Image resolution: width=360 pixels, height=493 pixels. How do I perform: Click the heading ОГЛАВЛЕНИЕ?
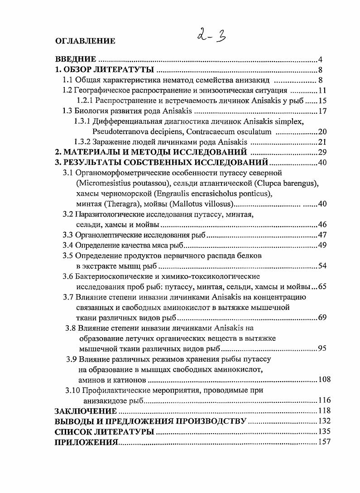pos(85,41)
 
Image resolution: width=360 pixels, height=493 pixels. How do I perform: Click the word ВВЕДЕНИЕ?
pos(75,60)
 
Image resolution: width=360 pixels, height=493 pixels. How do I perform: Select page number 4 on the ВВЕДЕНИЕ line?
pos(320,60)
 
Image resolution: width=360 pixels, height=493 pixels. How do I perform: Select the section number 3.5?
pos(68,256)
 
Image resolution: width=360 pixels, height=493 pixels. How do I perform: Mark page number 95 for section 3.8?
pos(322,348)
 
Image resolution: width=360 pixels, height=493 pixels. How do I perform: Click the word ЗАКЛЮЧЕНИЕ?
pos(86,411)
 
